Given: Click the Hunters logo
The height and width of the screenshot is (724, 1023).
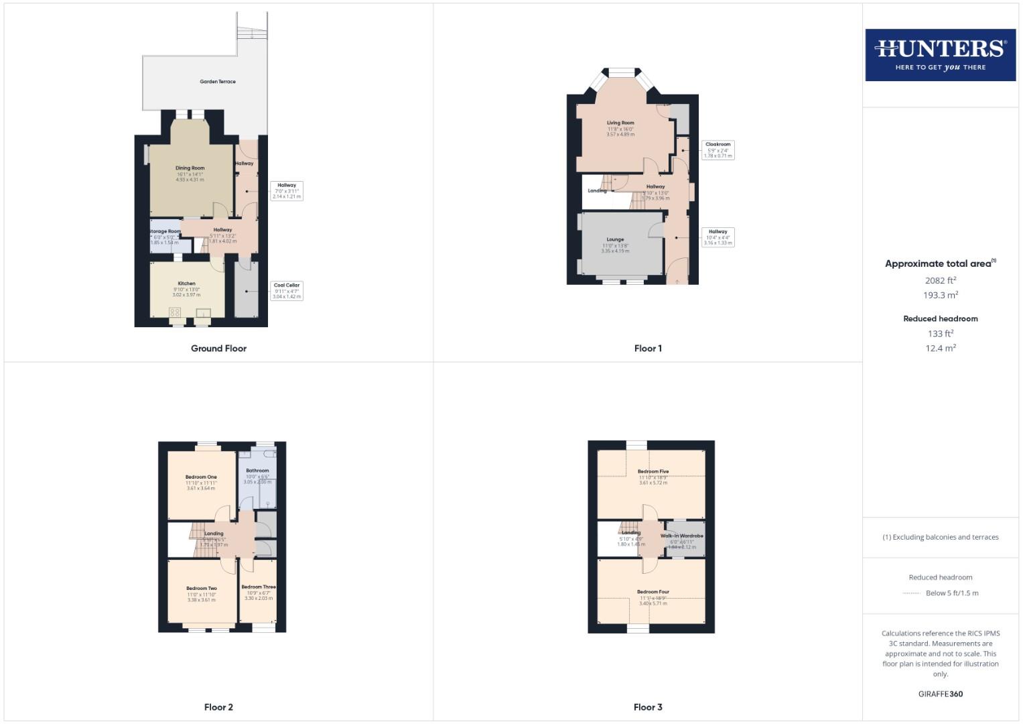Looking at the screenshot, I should coord(940,55).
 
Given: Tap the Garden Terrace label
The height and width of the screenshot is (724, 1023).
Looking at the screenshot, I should coord(218,82).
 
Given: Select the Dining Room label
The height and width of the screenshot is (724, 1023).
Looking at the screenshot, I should coord(190,168).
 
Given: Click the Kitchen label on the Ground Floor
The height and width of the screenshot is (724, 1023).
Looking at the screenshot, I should coord(186,284).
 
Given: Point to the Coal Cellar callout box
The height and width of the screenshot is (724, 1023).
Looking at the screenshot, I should coord(287,290).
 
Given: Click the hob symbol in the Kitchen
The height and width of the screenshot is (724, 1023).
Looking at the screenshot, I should coord(175,312).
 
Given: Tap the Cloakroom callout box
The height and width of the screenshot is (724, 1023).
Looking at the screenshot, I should coord(718,149).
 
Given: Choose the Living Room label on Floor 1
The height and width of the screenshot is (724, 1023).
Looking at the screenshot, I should coord(620,123).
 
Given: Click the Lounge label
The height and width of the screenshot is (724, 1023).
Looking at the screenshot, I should coord(615,239).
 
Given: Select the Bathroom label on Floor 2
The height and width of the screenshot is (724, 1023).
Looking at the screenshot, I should coord(257,471).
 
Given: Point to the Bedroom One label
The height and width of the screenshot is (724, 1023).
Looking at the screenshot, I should coord(201,477).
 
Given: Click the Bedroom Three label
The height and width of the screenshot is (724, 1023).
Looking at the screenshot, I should coord(259,587).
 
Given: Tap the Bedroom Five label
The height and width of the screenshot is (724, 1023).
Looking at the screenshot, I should coord(653,471).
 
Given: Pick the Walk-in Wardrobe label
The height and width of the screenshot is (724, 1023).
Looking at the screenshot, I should coord(682,536).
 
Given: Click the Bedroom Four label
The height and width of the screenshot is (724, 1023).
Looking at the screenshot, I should coord(653,592).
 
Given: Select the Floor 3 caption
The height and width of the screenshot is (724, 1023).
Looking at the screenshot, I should coord(648,707).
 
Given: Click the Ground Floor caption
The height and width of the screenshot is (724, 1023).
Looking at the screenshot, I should coord(218,349).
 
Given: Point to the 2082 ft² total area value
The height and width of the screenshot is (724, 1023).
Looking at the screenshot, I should coord(940,281).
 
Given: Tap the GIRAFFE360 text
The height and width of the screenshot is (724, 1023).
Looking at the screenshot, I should coord(940,694).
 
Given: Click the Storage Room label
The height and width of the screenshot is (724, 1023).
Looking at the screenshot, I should coord(165,231).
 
